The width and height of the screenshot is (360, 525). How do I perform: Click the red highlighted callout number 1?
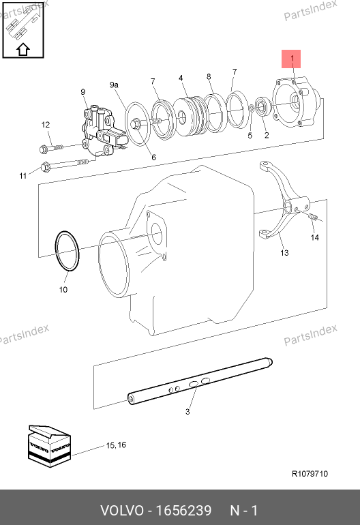coord(292,59)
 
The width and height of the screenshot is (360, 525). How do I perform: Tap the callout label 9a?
coord(114,85)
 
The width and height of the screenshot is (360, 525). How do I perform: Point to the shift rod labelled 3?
coord(200,381)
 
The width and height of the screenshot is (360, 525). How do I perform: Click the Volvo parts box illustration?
coord(49,446)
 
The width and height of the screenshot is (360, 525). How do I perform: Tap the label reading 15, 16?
coord(116,445)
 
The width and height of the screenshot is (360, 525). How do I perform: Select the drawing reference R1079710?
coord(310,473)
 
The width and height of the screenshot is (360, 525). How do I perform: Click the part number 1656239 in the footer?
coord(184,511)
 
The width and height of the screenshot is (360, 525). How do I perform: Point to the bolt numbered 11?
coord(65,164)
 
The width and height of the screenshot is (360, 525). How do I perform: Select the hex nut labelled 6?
coord(136,124)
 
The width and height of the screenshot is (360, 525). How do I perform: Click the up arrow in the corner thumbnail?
coord(22,50)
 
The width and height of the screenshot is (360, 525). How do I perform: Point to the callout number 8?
coord(209,76)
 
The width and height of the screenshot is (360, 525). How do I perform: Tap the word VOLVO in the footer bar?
coord(122,511)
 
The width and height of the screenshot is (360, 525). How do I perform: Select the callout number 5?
coord(250,135)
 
